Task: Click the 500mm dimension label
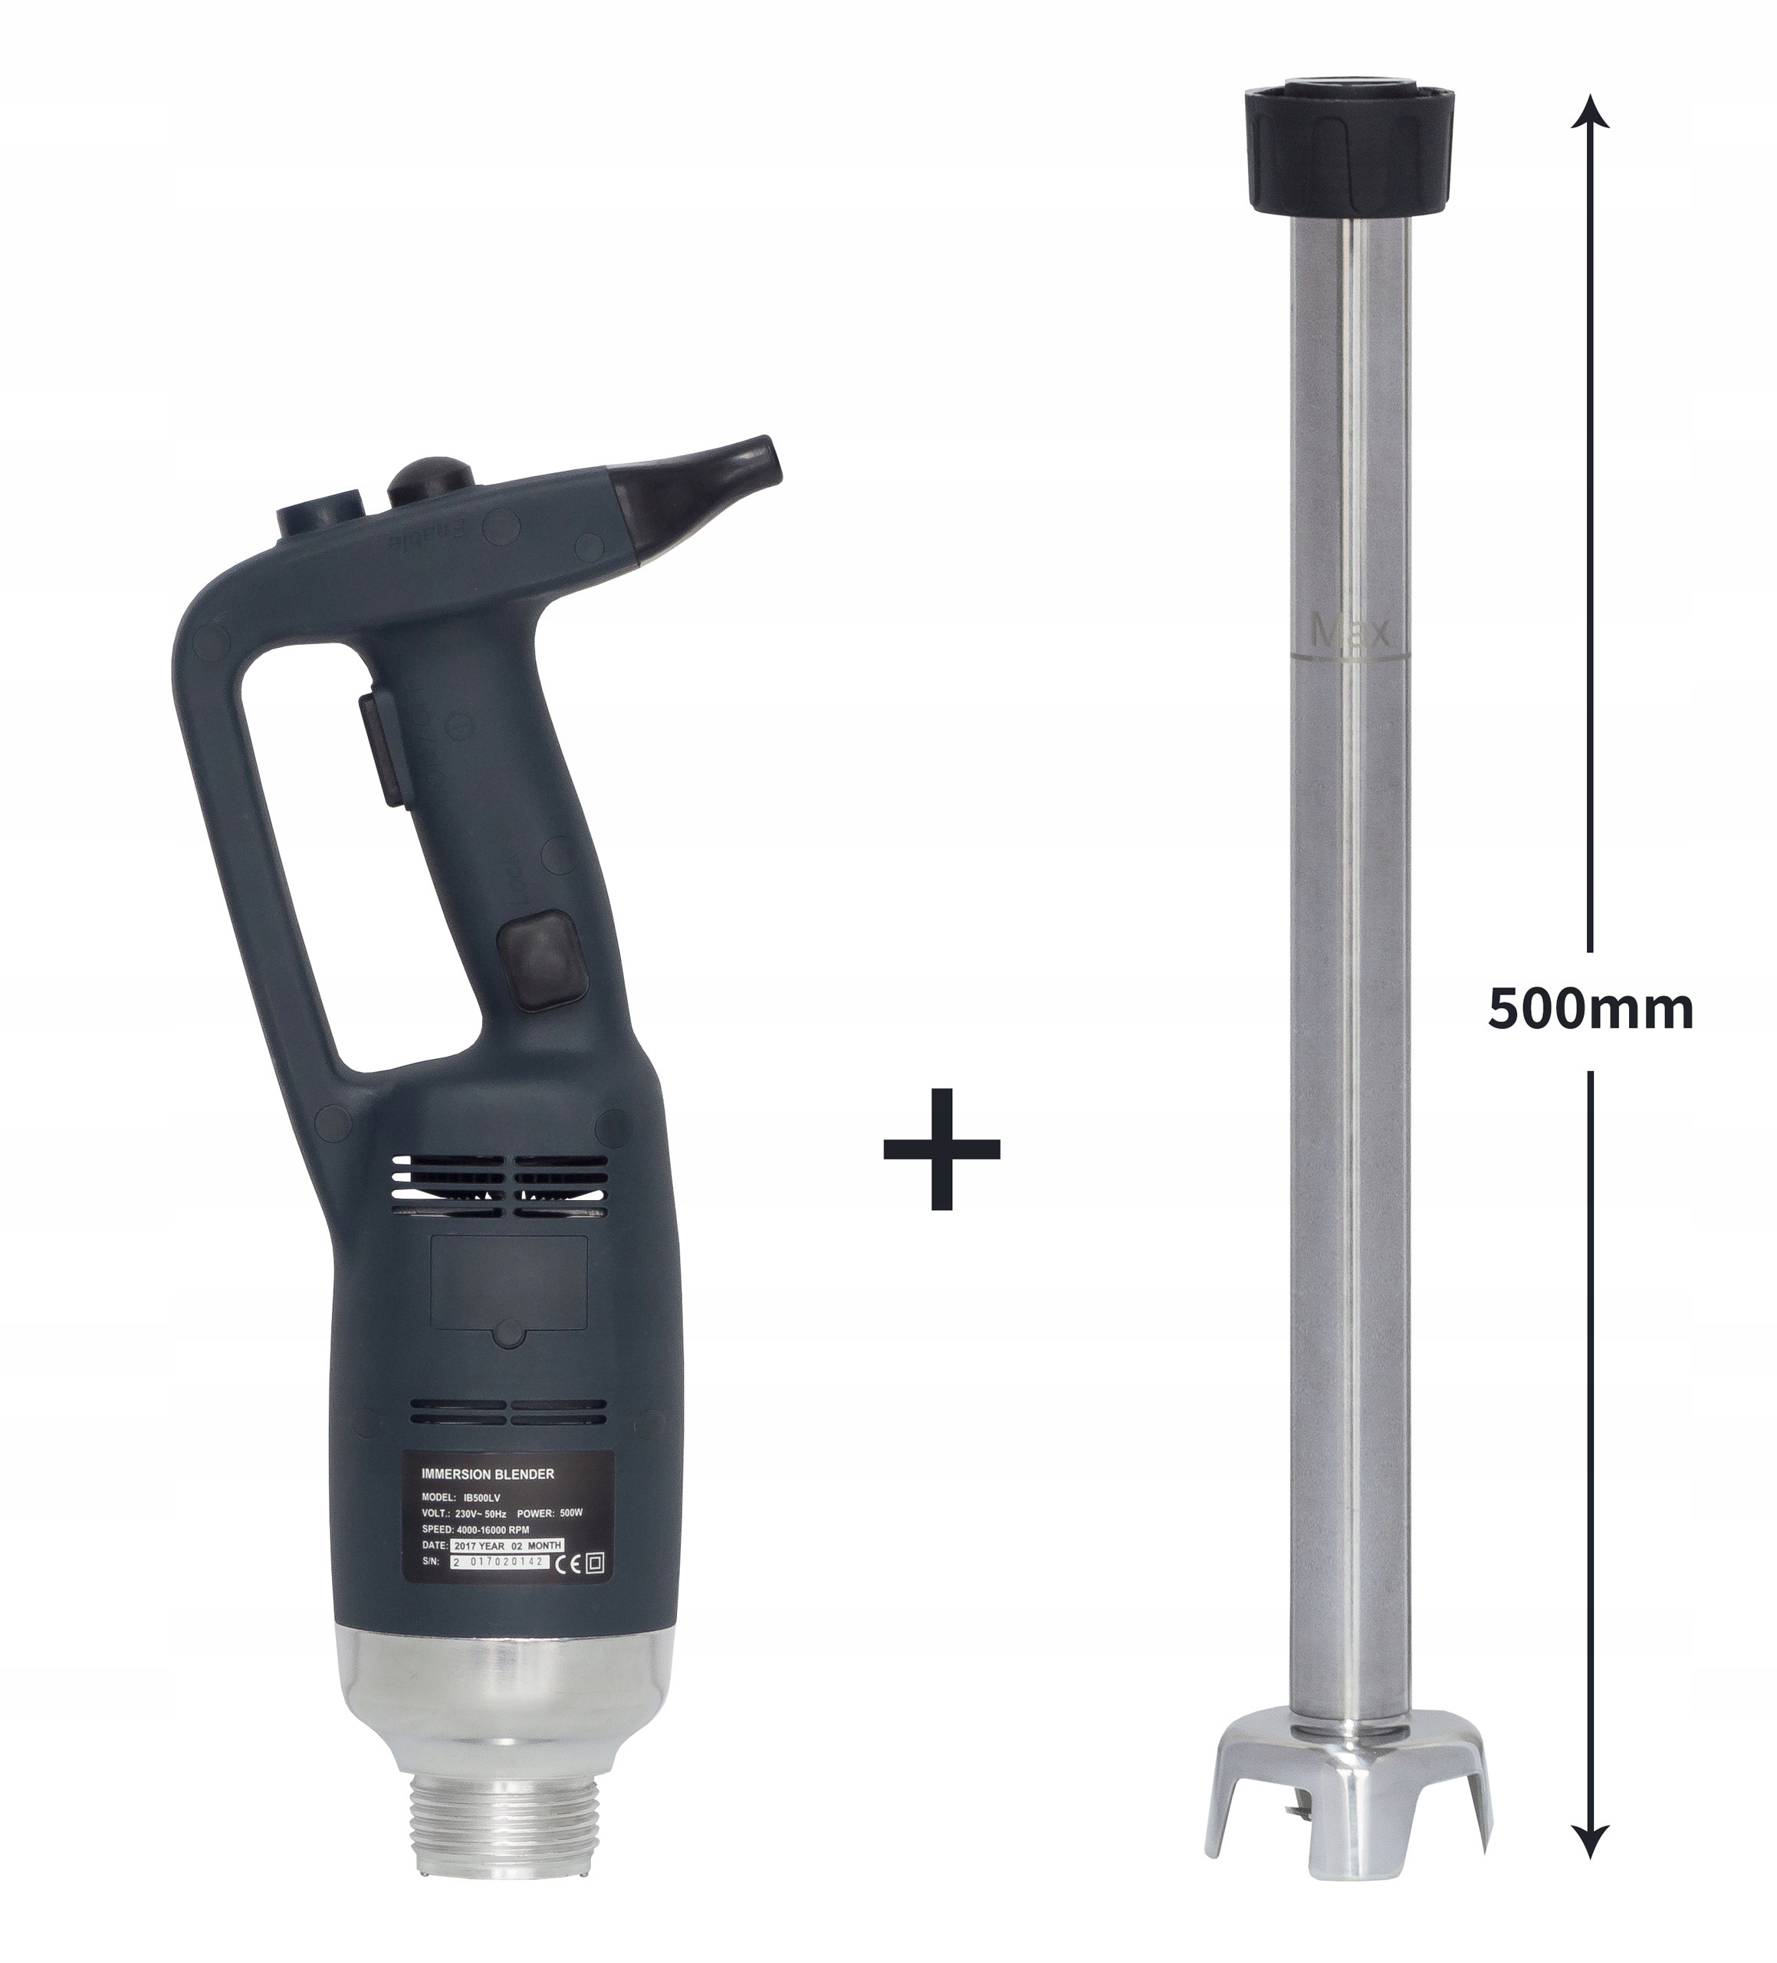(1590, 1011)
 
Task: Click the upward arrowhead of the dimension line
(1590, 112)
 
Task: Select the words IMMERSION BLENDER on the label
(488, 1475)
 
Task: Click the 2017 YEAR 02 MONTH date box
(507, 1545)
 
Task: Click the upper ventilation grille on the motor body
(500, 1186)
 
